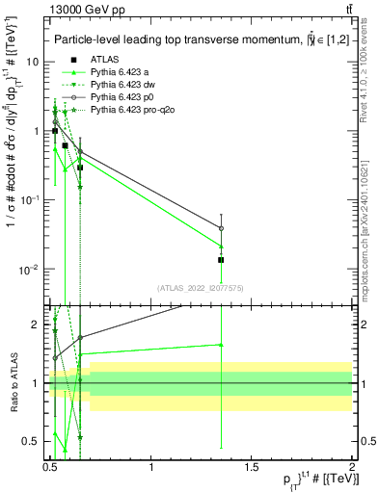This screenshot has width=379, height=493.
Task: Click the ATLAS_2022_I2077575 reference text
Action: coord(200,287)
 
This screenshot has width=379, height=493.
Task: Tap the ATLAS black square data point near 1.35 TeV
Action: coord(222,260)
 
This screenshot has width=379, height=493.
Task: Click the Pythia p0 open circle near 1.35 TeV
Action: coord(222,228)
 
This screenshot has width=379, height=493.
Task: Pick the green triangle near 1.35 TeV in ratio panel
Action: coord(222,344)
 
